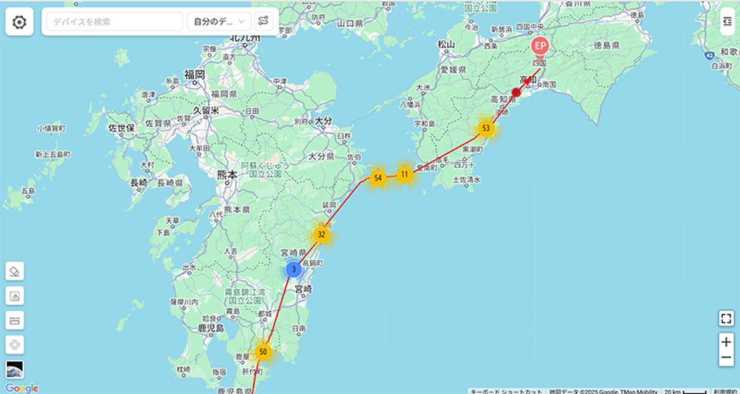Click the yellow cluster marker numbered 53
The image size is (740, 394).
coord(487,128)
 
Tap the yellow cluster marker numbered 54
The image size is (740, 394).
coord(378,178)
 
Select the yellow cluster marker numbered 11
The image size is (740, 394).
coord(405,174)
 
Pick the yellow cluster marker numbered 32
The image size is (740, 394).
coord(321,234)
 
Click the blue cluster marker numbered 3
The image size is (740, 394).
coord(294,269)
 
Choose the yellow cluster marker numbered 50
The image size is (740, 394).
coord(263,352)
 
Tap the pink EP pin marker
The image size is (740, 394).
coord(540,47)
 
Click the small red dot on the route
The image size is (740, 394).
coord(517,92)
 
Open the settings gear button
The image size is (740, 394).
coord(20,22)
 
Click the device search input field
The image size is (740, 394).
coord(114,22)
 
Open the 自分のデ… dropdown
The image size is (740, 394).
coord(219,22)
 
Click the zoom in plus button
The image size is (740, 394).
coord(726,342)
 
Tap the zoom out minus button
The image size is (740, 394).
coord(726,357)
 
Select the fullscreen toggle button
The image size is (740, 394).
coord(726,318)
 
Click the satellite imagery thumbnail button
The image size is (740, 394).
coord(15,369)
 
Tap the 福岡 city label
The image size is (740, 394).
coord(194,75)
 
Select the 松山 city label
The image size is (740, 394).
coord(445,44)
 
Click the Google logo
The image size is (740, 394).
coord(22,388)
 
